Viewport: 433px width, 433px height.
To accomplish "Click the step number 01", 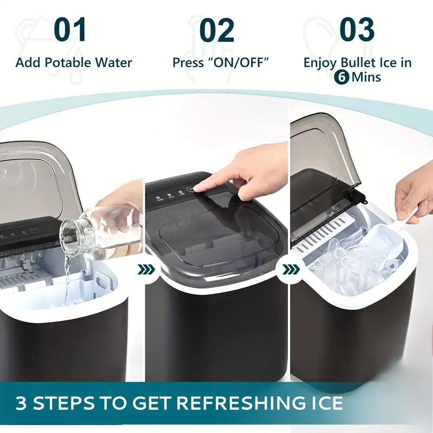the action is pos(70,30).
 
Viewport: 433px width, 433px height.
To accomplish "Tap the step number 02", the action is pos(217,30).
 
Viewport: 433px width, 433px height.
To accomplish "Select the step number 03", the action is pos(357,29).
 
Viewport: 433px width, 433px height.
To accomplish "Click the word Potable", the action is pos(68,62).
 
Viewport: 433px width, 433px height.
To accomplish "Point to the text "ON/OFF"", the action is pos(237,62).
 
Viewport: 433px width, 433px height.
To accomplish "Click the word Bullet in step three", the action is pos(358,62).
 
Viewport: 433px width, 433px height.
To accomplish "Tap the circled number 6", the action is pos(342,77).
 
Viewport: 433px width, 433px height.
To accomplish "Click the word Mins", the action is pos(366,77).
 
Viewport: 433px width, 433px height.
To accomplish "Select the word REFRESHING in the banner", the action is pos(238,403).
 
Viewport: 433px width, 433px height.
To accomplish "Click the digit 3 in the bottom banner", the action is pos(21,403).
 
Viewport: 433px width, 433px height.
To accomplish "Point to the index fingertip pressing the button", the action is pos(198,188).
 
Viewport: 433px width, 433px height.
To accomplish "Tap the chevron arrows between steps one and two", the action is pos(146,270).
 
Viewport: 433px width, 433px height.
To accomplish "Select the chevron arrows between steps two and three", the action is pos(291,269).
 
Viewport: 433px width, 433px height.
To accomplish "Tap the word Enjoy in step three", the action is pos(321,63).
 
